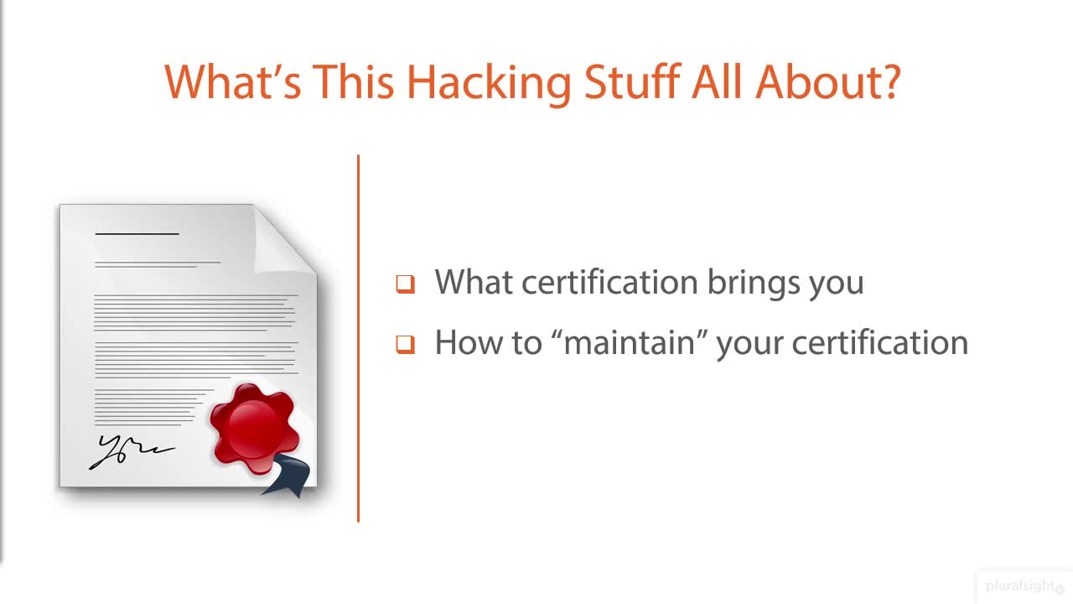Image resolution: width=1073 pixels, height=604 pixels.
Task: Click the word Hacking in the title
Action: [x=489, y=81]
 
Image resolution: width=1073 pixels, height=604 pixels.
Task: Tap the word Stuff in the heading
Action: [x=635, y=81]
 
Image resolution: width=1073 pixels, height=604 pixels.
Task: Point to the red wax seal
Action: [x=253, y=427]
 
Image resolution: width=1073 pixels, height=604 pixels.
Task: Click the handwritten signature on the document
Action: [x=130, y=451]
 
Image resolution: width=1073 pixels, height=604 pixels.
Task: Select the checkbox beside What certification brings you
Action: [x=406, y=284]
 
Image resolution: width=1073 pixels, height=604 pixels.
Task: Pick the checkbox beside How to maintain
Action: [x=406, y=344]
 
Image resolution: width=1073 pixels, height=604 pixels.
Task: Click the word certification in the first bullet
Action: [x=609, y=282]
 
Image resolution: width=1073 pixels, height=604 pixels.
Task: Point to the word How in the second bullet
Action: [x=459, y=342]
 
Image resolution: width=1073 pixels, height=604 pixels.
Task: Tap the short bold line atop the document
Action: [x=137, y=233]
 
